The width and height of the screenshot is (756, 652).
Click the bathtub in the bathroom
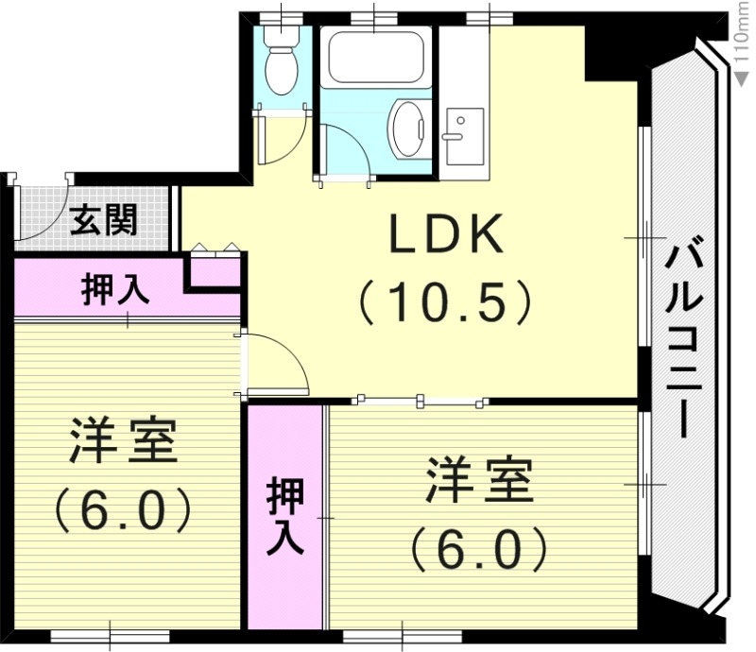pyautogui.click(x=375, y=59)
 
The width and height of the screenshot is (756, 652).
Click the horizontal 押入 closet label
pyautogui.click(x=113, y=289)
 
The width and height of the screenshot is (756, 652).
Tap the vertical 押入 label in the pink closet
pyautogui.click(x=284, y=516)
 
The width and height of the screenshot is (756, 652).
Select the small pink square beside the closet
pyautogui.click(x=214, y=272)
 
